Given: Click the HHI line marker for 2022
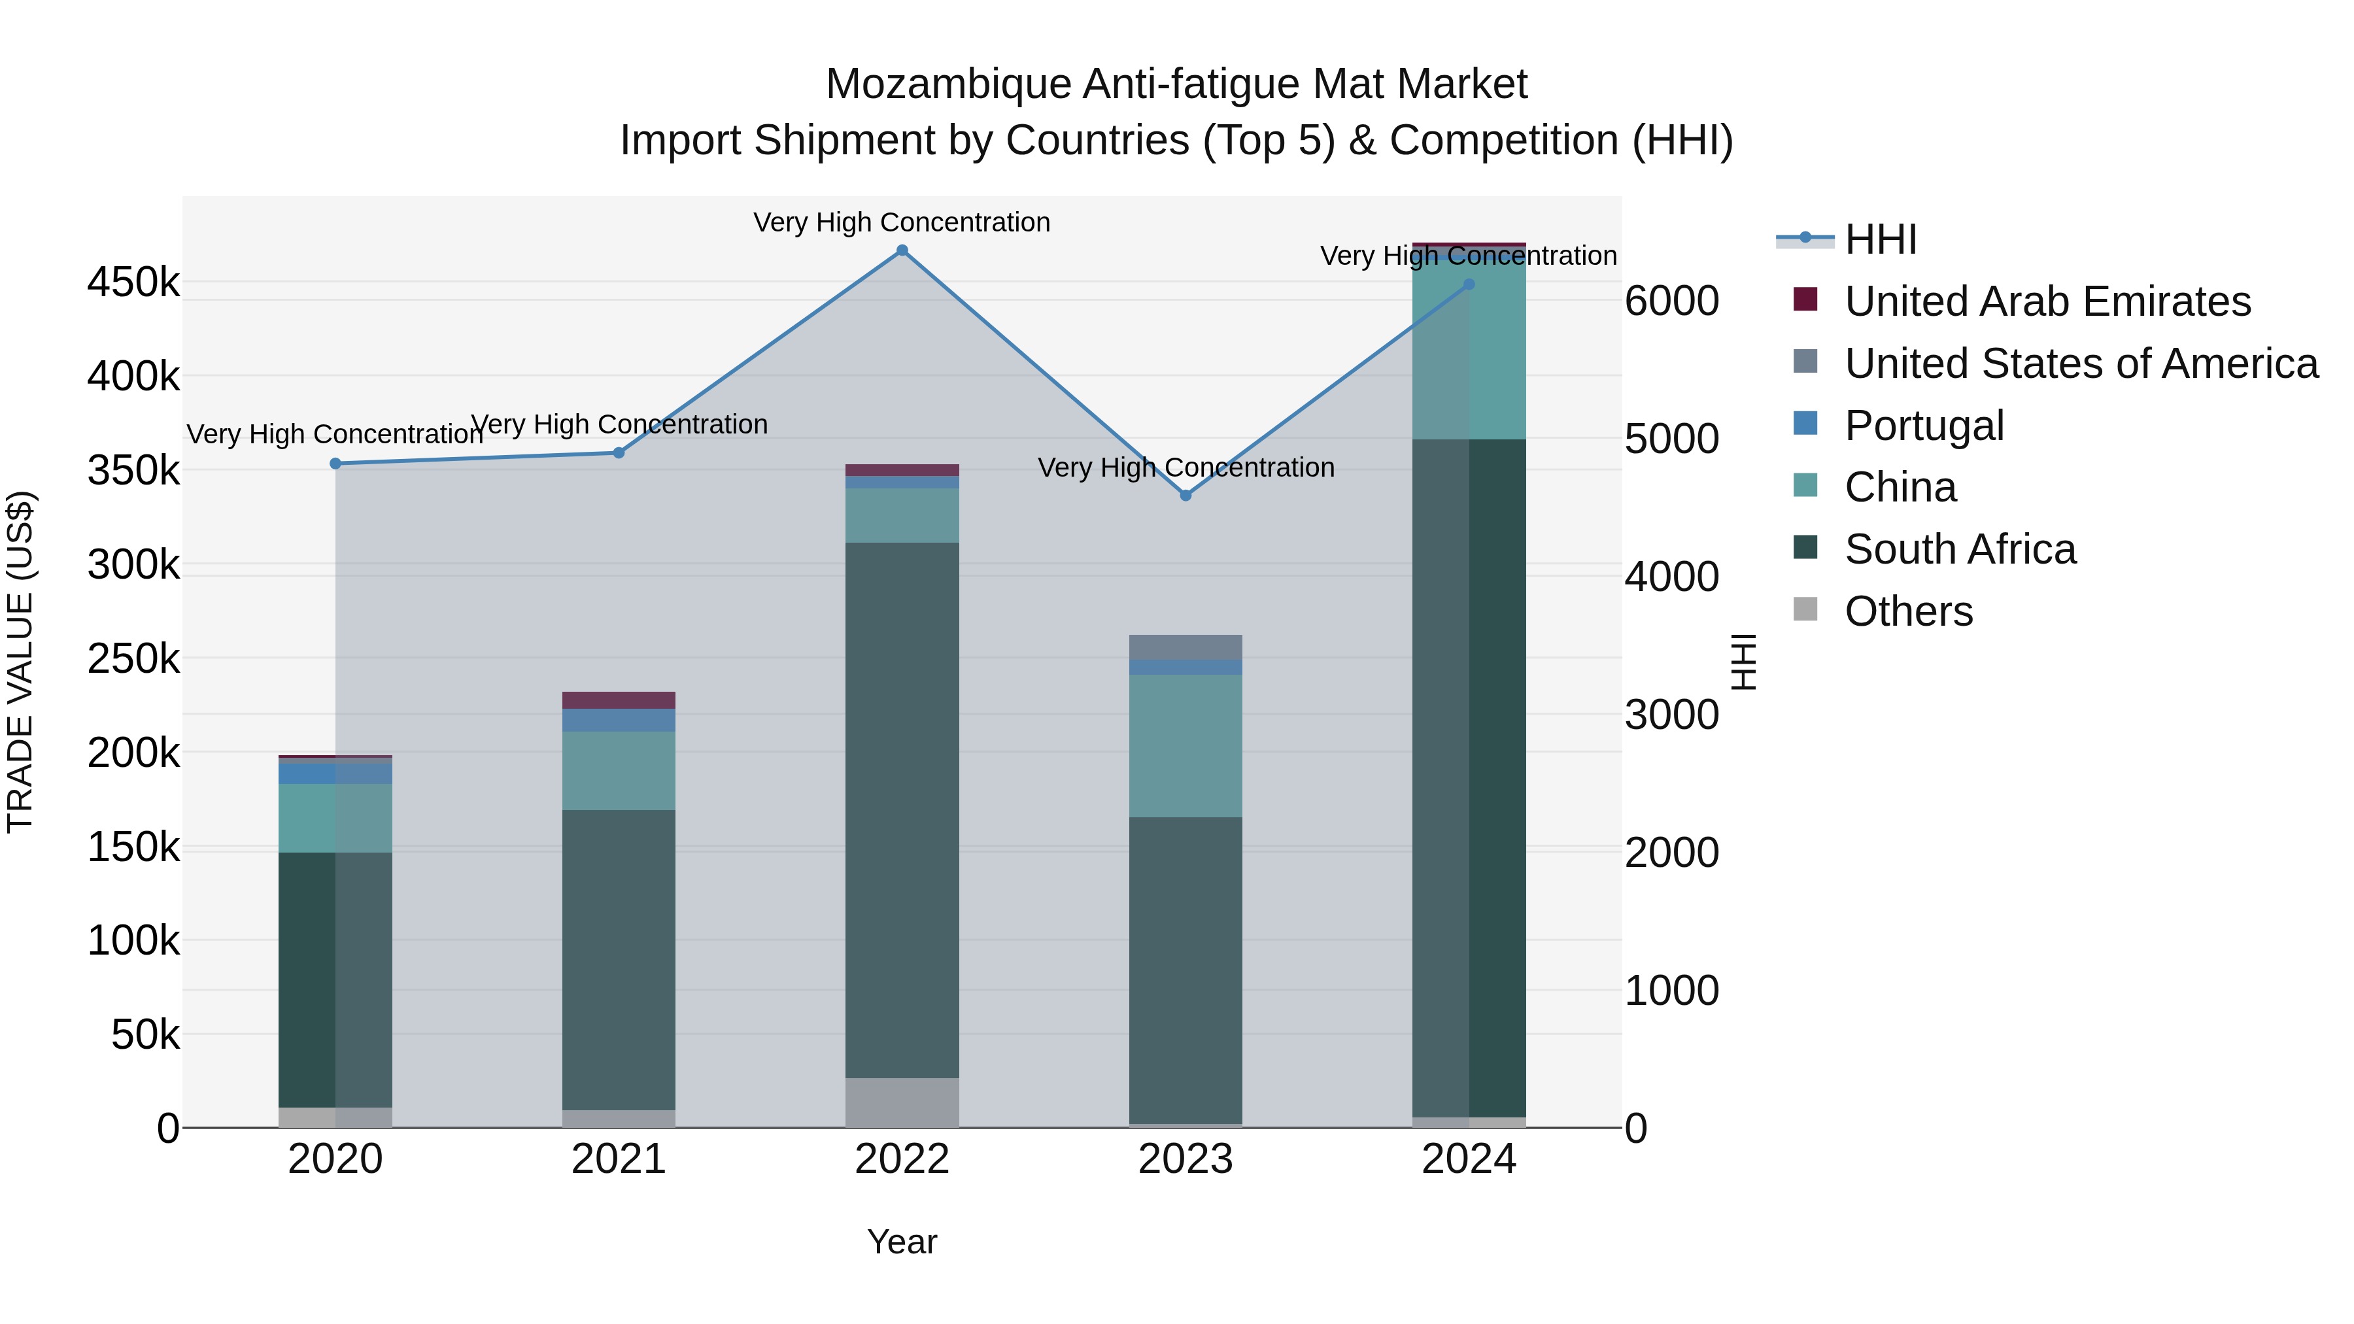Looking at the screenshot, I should (x=902, y=250).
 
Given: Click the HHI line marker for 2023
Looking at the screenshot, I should (x=1186, y=495).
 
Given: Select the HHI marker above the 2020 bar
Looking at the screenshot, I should (x=335, y=464).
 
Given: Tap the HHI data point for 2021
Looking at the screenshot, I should (x=619, y=452).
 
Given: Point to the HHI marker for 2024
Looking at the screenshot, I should (x=1469, y=284).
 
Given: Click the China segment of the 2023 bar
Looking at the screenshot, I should (x=1186, y=745).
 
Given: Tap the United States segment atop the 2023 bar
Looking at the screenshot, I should (x=1186, y=647).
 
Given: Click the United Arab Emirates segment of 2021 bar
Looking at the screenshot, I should (x=619, y=700).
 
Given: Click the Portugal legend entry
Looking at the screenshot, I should (x=1924, y=426).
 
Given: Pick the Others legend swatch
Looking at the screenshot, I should (x=1805, y=609).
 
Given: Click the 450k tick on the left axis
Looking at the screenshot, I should (x=133, y=282).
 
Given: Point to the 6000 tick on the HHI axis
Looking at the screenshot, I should (x=1671, y=301).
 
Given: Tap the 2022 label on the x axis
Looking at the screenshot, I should (x=902, y=1159).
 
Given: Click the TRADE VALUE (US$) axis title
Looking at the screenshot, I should (x=20, y=662).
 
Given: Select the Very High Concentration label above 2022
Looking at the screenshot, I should (x=902, y=222).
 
